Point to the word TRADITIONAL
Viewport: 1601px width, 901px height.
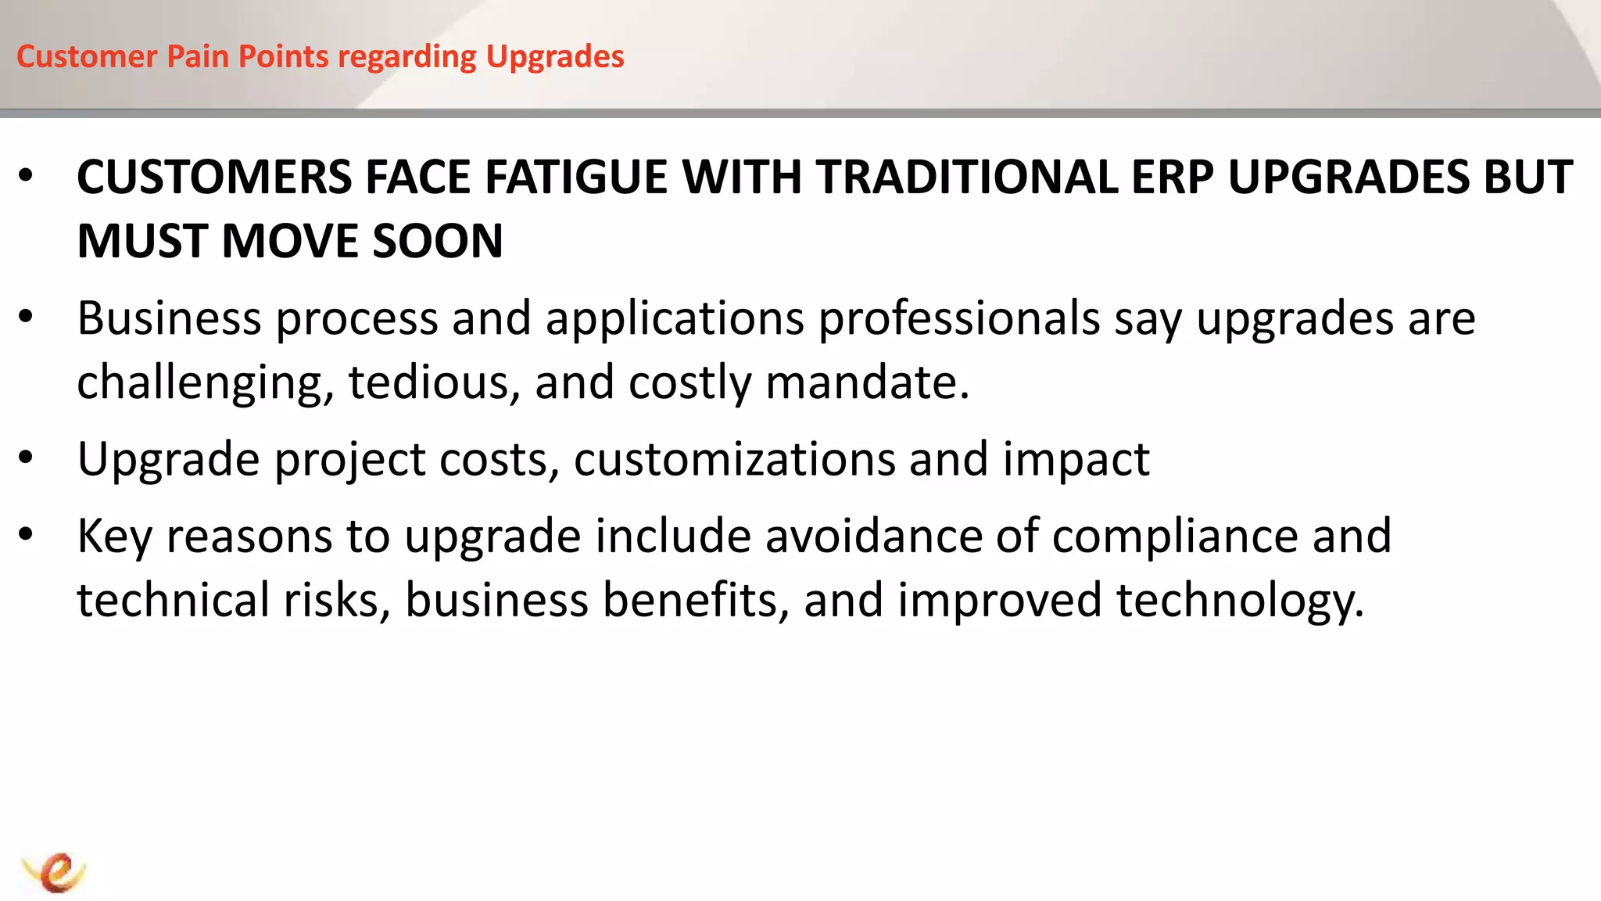[x=966, y=177]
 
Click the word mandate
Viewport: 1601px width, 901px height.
[x=866, y=382]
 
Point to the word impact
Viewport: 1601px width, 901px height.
[x=1076, y=459]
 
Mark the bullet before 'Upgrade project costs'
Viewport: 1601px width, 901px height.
[x=26, y=458]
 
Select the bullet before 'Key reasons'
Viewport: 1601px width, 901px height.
[x=26, y=535]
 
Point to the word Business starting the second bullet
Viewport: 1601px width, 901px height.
[x=169, y=319]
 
